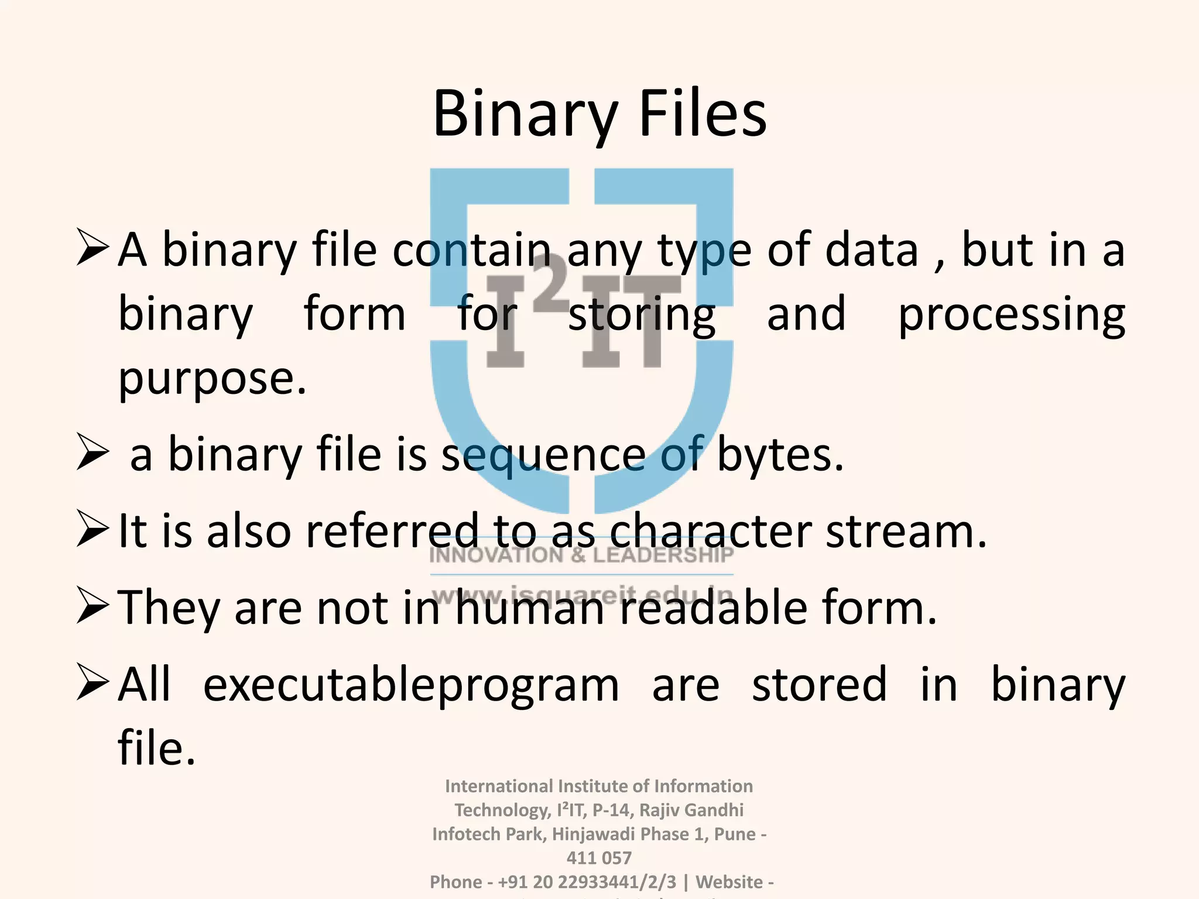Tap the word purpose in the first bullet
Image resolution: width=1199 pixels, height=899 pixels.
click(212, 379)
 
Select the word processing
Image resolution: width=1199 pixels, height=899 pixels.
click(1011, 315)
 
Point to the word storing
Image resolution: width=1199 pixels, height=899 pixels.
click(641, 315)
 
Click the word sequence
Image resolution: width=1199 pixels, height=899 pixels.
click(543, 455)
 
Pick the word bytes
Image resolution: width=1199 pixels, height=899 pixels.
click(780, 455)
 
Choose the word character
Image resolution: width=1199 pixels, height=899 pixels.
click(710, 531)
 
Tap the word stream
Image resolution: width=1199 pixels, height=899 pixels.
click(906, 531)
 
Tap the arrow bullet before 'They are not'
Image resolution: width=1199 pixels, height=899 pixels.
click(93, 607)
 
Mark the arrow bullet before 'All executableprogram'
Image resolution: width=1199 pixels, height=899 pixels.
click(93, 684)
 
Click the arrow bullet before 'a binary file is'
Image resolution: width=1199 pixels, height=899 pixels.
click(93, 455)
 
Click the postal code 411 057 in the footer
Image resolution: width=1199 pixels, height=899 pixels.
click(599, 858)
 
